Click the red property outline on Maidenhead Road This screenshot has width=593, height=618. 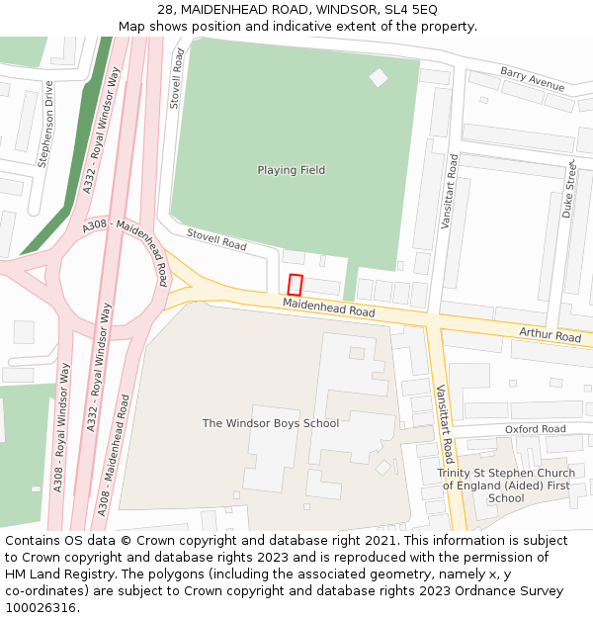click(x=295, y=285)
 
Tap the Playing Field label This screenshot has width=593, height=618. click(x=291, y=170)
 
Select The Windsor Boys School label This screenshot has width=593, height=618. click(x=270, y=423)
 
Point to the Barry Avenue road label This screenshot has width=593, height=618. click(x=532, y=80)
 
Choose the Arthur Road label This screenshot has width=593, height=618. click(x=550, y=336)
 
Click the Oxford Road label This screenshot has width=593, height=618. click(x=535, y=429)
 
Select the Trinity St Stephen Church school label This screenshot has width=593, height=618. click(x=505, y=486)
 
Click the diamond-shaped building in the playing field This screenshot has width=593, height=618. click(x=379, y=77)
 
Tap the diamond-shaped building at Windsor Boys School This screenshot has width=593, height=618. click(x=383, y=467)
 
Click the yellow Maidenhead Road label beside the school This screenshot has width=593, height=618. click(x=328, y=309)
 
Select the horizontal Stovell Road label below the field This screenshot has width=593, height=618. click(x=216, y=238)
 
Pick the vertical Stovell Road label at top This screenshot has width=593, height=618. click(x=178, y=79)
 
